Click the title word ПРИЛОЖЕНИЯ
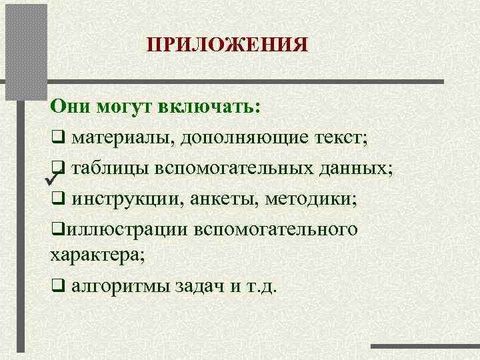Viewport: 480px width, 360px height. click(x=227, y=45)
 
